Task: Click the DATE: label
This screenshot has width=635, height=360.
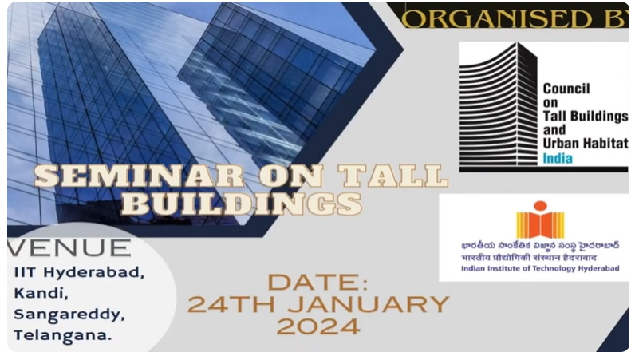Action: tap(317, 282)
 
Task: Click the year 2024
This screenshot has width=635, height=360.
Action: tap(317, 326)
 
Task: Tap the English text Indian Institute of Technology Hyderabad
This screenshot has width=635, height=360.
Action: tap(539, 269)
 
